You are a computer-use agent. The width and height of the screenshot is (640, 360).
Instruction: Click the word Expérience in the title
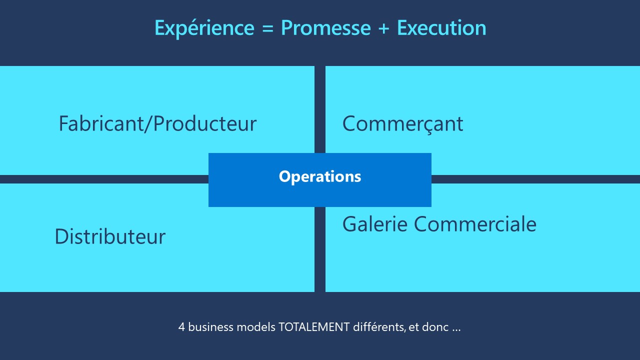pyautogui.click(x=204, y=28)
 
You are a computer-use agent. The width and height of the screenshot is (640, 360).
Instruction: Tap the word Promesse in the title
pyautogui.click(x=325, y=28)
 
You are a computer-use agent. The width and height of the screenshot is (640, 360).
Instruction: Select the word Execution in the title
pyautogui.click(x=441, y=28)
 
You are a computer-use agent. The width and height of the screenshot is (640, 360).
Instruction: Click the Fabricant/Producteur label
pyautogui.click(x=157, y=123)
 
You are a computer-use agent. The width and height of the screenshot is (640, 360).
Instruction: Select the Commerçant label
pyautogui.click(x=402, y=123)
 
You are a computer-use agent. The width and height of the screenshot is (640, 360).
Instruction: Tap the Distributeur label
pyautogui.click(x=110, y=236)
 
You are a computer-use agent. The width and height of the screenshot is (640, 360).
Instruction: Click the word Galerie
pyautogui.click(x=374, y=224)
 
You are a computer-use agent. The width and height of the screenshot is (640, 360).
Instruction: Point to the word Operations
pyautogui.click(x=320, y=176)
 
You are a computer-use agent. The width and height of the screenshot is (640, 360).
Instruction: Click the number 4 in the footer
pyautogui.click(x=181, y=327)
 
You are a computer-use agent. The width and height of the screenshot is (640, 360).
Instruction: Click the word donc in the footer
pyautogui.click(x=435, y=327)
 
